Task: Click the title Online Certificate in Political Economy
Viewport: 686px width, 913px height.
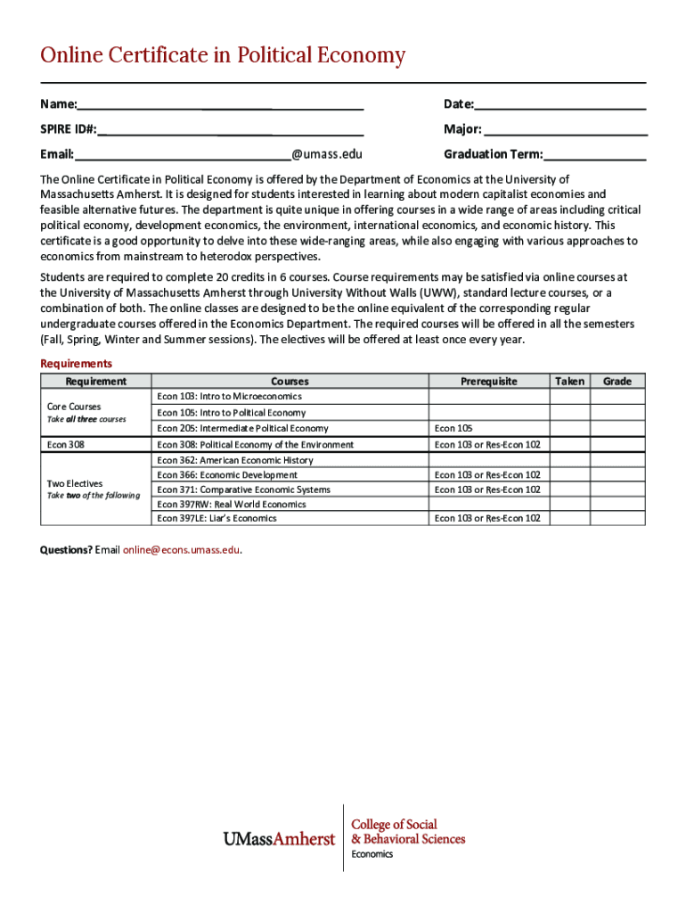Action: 223,56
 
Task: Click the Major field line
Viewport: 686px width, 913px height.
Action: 565,129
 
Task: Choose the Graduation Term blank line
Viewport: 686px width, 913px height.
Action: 594,154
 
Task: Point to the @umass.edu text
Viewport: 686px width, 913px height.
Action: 327,154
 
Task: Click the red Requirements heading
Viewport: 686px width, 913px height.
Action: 77,364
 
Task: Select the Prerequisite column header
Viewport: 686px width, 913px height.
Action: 488,382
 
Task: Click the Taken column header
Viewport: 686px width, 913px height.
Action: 569,382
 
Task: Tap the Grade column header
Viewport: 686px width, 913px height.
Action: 617,382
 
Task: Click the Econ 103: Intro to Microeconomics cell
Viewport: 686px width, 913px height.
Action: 229,396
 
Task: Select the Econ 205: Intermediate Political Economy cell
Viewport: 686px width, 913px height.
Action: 242,429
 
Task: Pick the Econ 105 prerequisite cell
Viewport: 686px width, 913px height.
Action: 453,429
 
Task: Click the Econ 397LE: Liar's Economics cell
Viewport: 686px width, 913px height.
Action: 216,518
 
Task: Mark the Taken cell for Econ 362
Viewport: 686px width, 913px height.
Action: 569,460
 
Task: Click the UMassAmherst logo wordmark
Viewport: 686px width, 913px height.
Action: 278,839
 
